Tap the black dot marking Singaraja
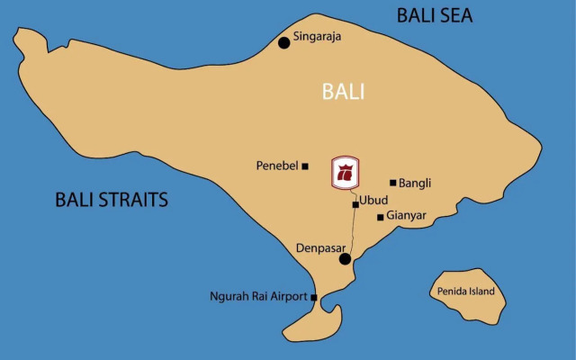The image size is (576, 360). [x=284, y=41]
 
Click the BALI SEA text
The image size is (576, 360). [x=435, y=15]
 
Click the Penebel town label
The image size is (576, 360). [x=277, y=166]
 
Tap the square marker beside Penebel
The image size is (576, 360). [x=305, y=166]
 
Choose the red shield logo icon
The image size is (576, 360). [x=346, y=173]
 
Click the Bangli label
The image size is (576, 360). [x=415, y=183]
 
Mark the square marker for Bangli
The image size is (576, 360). [x=392, y=183]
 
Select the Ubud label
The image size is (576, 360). [x=374, y=199]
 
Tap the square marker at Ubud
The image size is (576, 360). [x=355, y=205]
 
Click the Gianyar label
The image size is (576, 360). [x=406, y=216]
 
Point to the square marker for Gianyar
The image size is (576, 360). [x=381, y=217]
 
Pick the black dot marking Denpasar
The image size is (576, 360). [x=345, y=259]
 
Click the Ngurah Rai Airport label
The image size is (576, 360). [x=257, y=296]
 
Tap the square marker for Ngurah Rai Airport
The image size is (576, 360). [x=314, y=297]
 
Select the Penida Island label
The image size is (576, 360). [x=466, y=291]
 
